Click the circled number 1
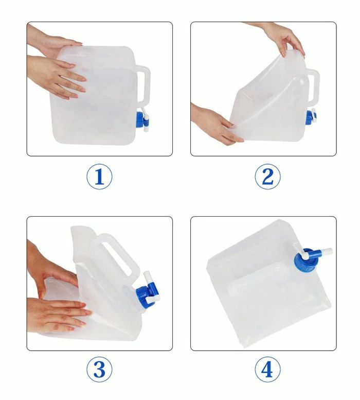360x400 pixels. click(99, 177)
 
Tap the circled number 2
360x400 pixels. click(268, 177)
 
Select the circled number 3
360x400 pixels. click(99, 369)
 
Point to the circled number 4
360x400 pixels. click(268, 369)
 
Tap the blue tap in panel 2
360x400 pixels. click(311, 117)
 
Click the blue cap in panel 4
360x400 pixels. click(305, 260)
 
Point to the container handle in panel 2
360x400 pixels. click(313, 86)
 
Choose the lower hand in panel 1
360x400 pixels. click(57, 77)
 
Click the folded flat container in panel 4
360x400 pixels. click(269, 283)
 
